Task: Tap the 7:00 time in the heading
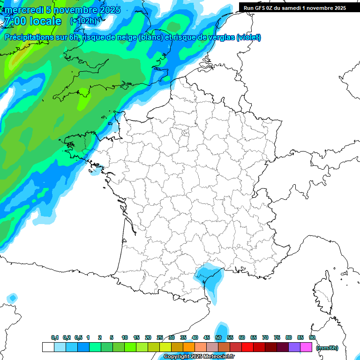click(x=13, y=21)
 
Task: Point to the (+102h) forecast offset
click(x=83, y=21)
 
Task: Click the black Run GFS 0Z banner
click(x=294, y=7)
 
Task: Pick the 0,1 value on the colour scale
click(x=54, y=338)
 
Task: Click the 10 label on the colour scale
click(x=125, y=338)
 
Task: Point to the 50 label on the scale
click(x=218, y=338)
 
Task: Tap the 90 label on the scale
click(x=312, y=338)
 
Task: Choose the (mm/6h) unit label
click(x=327, y=348)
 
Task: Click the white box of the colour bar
click(x=48, y=347)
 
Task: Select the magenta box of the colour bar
click(x=306, y=347)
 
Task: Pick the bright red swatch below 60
click(x=247, y=347)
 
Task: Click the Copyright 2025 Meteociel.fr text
click(x=199, y=357)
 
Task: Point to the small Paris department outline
click(x=185, y=134)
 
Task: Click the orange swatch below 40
click(x=189, y=347)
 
